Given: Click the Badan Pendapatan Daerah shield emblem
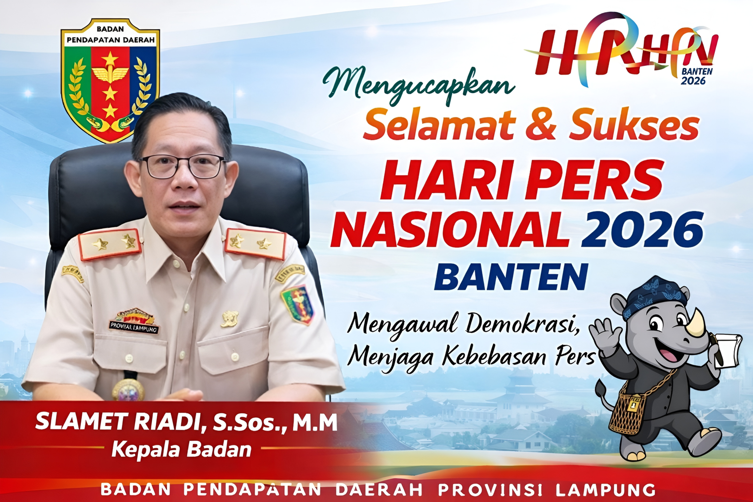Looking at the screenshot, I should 110,80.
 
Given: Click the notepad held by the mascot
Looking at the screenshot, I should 729,348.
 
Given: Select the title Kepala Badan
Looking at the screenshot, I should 181,450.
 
